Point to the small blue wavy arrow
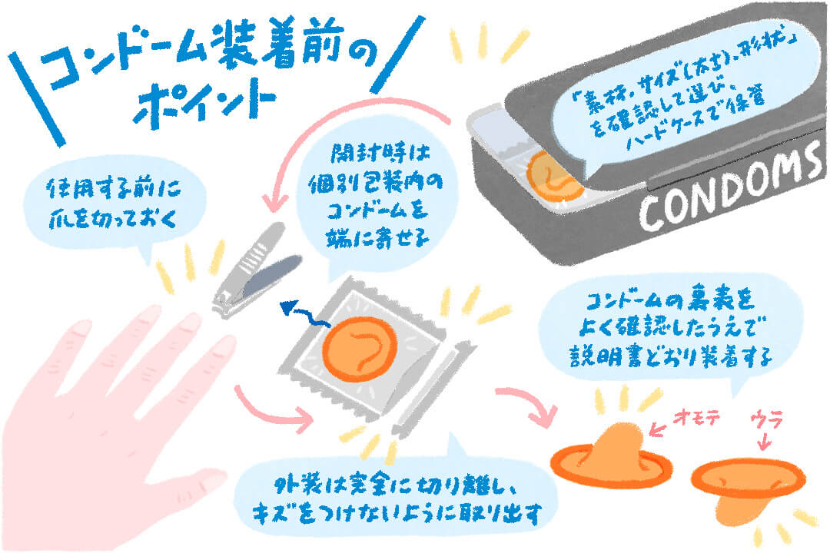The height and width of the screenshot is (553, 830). (300, 312)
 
